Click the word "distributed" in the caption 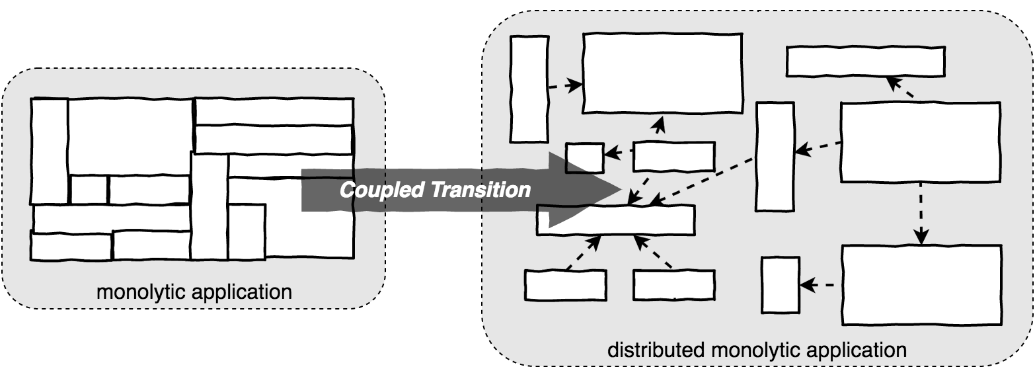pyautogui.click(x=652, y=349)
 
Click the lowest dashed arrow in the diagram pyautogui.click(x=817, y=286)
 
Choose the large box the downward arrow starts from pyautogui.click(x=920, y=142)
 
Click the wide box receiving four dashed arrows pyautogui.click(x=615, y=220)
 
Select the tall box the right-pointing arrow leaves pyautogui.click(x=529, y=89)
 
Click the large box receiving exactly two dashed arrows pyautogui.click(x=662, y=73)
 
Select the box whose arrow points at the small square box pyautogui.click(x=673, y=156)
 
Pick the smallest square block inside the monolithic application pyautogui.click(x=89, y=189)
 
